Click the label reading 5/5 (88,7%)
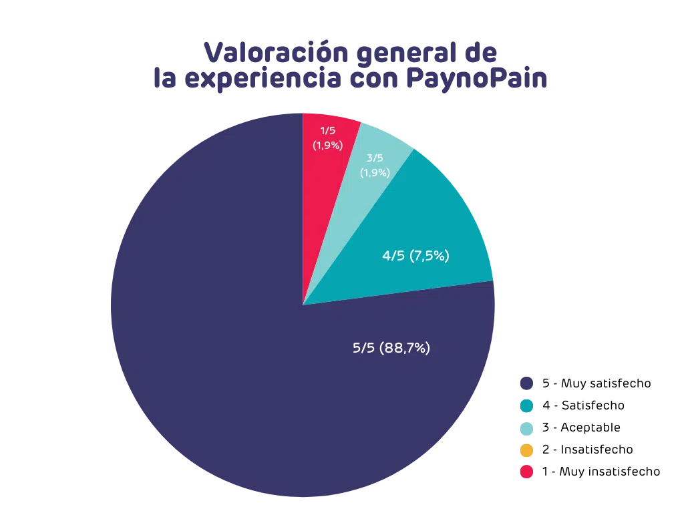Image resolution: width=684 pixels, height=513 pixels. point(391,348)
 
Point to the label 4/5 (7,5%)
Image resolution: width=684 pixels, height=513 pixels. point(415,256)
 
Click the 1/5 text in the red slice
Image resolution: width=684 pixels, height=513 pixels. point(328,130)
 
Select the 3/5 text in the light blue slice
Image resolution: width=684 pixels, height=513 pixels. point(375,158)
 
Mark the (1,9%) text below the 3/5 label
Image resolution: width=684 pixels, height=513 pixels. point(375,172)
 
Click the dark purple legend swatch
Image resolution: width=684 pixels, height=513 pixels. point(526,382)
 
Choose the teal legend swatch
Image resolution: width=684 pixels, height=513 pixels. point(526,405)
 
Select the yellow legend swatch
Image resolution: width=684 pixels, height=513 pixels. point(526,452)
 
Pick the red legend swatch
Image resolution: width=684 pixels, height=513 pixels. point(526,473)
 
